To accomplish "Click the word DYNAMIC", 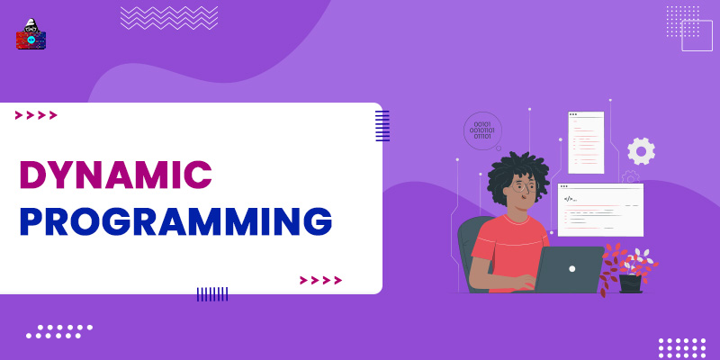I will [x=115, y=174].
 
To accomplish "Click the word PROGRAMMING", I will [x=175, y=221].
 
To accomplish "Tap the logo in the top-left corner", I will [x=31, y=34].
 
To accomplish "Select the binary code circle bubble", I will [x=482, y=130].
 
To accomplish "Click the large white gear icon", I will [x=641, y=151].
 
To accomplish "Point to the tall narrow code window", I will [x=586, y=142].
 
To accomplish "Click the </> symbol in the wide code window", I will [x=569, y=198].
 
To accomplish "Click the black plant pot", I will [x=631, y=283].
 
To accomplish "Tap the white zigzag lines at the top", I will [x=169, y=17].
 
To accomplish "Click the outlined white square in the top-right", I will [x=697, y=35].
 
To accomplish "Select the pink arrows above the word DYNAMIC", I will [x=36, y=115].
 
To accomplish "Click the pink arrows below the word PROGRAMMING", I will [x=320, y=280].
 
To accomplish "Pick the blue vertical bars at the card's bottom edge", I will [x=212, y=293].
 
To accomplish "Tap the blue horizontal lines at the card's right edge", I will [x=382, y=125].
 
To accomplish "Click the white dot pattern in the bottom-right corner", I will [x=681, y=346].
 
